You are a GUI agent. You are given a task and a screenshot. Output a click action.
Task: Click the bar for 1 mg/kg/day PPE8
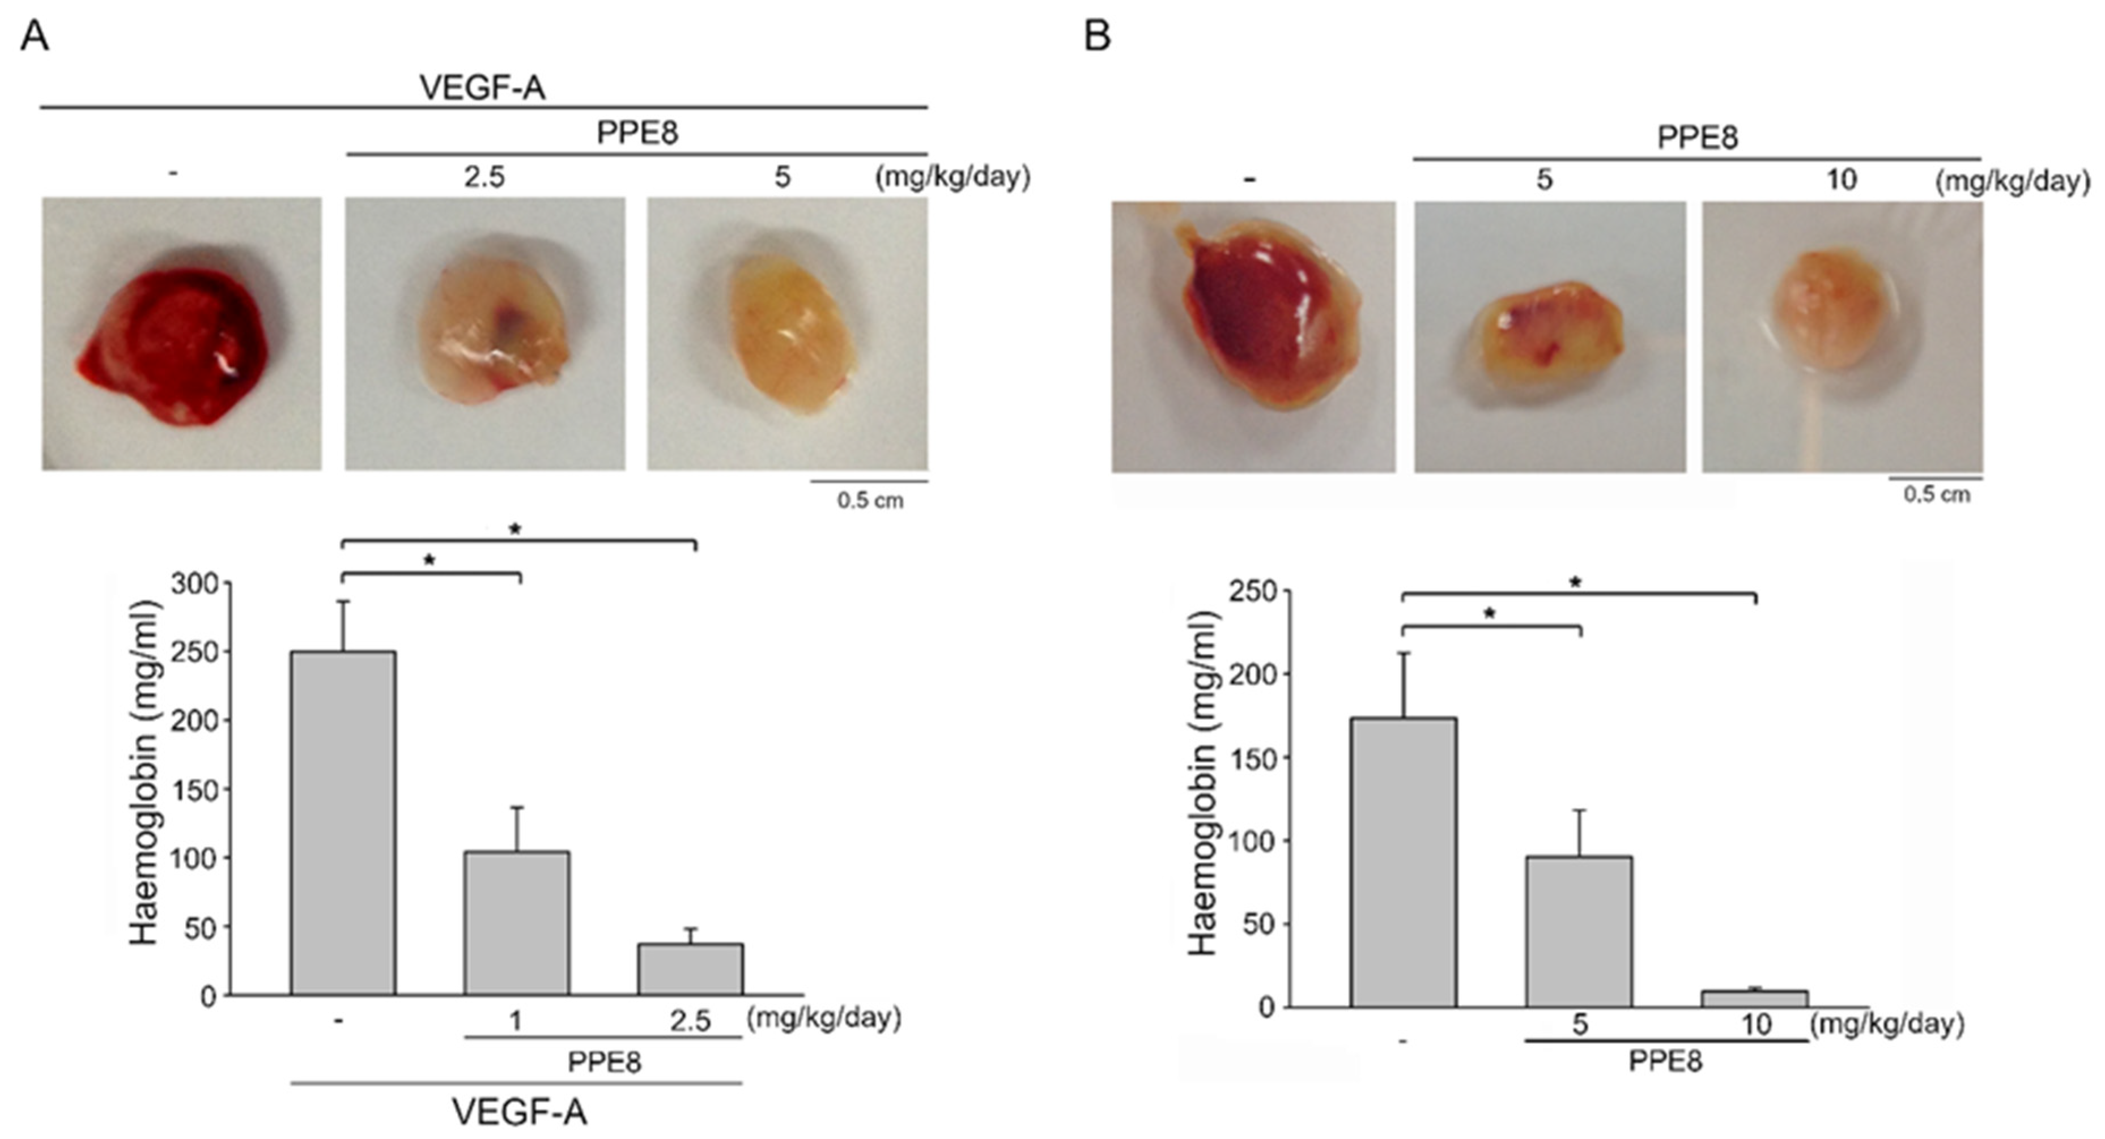click(516, 923)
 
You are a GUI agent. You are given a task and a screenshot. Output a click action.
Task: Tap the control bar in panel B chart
click(1403, 862)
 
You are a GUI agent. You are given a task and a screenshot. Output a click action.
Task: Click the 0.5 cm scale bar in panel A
click(869, 482)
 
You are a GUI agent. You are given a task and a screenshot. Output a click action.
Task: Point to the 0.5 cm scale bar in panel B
click(1936, 479)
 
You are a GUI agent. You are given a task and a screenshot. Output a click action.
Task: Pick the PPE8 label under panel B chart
click(1665, 1061)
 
